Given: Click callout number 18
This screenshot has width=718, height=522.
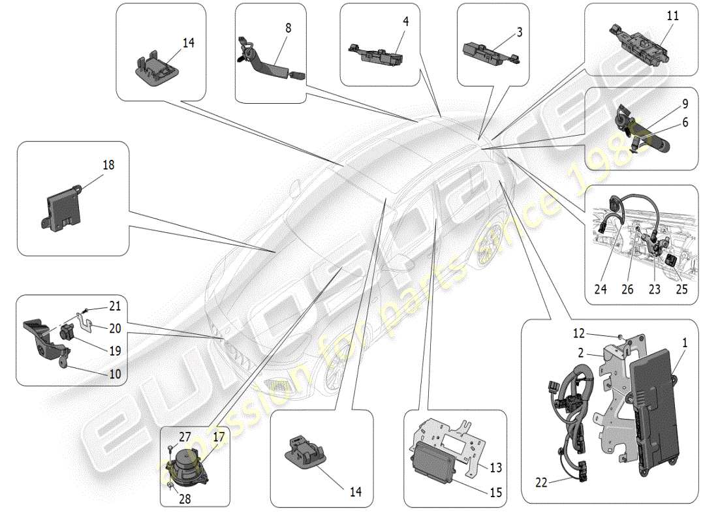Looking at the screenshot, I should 108,165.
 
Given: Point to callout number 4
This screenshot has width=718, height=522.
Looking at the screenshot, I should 405,22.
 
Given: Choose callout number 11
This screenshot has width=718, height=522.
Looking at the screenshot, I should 672,16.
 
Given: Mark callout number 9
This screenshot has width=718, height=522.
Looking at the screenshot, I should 685,104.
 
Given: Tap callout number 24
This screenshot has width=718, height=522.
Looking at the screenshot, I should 601,288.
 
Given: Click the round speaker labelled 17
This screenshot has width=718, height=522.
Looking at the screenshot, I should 189,465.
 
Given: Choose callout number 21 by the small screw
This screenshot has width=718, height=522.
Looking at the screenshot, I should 115,305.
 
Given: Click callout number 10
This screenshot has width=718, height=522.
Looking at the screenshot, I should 115,375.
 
